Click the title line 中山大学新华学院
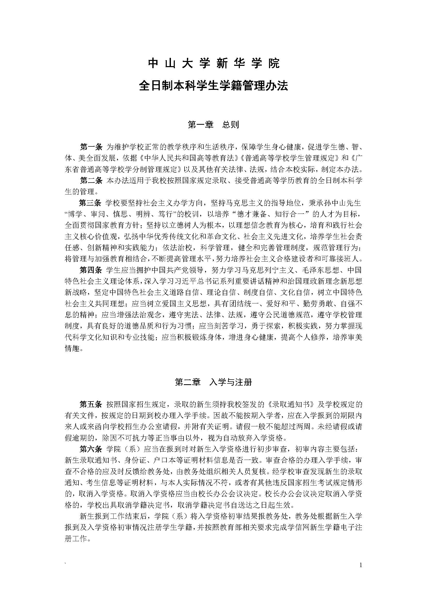pos(213,64)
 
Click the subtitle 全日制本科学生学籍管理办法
pos(213,86)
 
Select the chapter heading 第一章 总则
pos(213,124)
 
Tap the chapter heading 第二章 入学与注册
pos(213,382)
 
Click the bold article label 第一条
pos(91,147)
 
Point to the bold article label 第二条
pos(91,181)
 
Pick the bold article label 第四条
pos(91,270)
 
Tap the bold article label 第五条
pos(91,404)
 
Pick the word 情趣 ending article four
pos(72,349)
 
